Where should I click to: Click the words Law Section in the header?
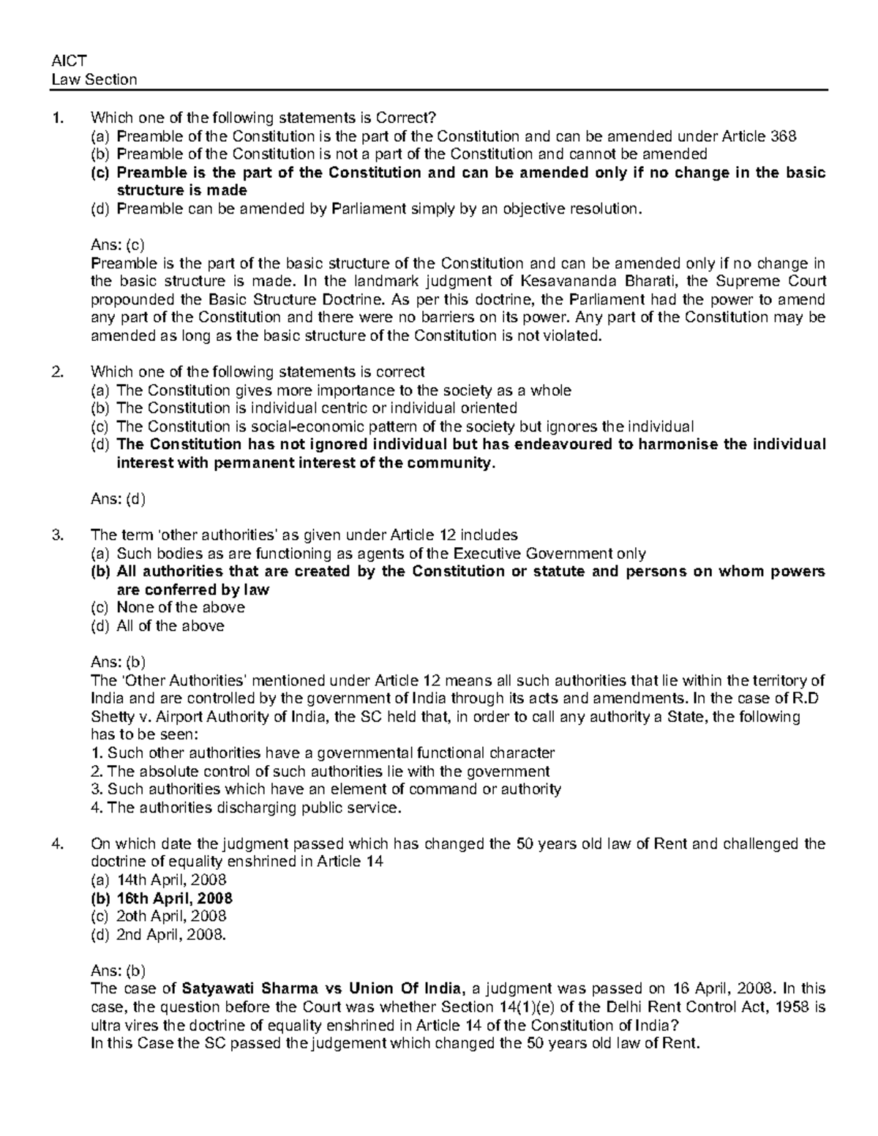94,80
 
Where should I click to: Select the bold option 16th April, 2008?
174,898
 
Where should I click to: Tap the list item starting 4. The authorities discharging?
246,808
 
